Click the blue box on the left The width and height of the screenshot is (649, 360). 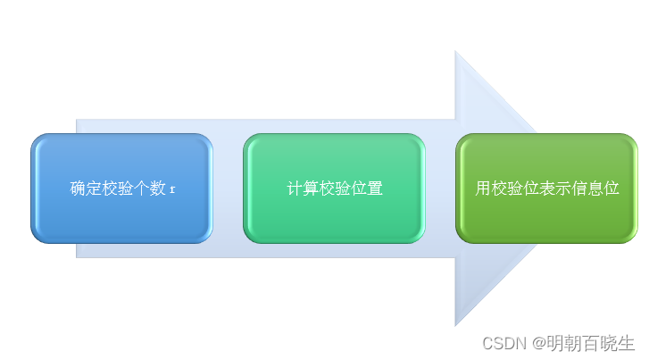pyautogui.click(x=121, y=188)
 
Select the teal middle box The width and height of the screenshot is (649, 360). pyautogui.click(x=335, y=188)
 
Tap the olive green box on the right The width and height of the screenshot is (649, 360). pyautogui.click(x=546, y=188)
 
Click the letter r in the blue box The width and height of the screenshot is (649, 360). pyautogui.click(x=172, y=189)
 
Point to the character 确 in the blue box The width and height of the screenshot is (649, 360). pyautogui.click(x=78, y=188)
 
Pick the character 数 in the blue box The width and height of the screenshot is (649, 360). pyautogui.click(x=158, y=188)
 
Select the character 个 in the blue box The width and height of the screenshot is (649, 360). pyautogui.click(x=142, y=188)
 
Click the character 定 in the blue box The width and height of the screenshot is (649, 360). pyautogui.click(x=94, y=188)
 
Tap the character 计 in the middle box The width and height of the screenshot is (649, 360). pyautogui.click(x=295, y=188)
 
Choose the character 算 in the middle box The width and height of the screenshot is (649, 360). pyautogui.click(x=311, y=188)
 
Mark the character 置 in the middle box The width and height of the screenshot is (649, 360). pyautogui.click(x=375, y=188)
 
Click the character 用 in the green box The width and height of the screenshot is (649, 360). pyautogui.click(x=483, y=188)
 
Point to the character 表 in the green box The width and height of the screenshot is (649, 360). pyautogui.click(x=546, y=188)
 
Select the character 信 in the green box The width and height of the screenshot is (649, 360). pyautogui.click(x=579, y=188)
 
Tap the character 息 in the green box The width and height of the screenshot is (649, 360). pyautogui.click(x=595, y=188)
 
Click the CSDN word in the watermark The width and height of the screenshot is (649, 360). pyautogui.click(x=504, y=343)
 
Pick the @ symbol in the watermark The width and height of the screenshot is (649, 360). pyautogui.click(x=539, y=343)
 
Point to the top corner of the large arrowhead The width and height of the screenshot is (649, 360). pyautogui.click(x=455, y=51)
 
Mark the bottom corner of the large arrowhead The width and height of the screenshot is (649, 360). pyautogui.click(x=455, y=326)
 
